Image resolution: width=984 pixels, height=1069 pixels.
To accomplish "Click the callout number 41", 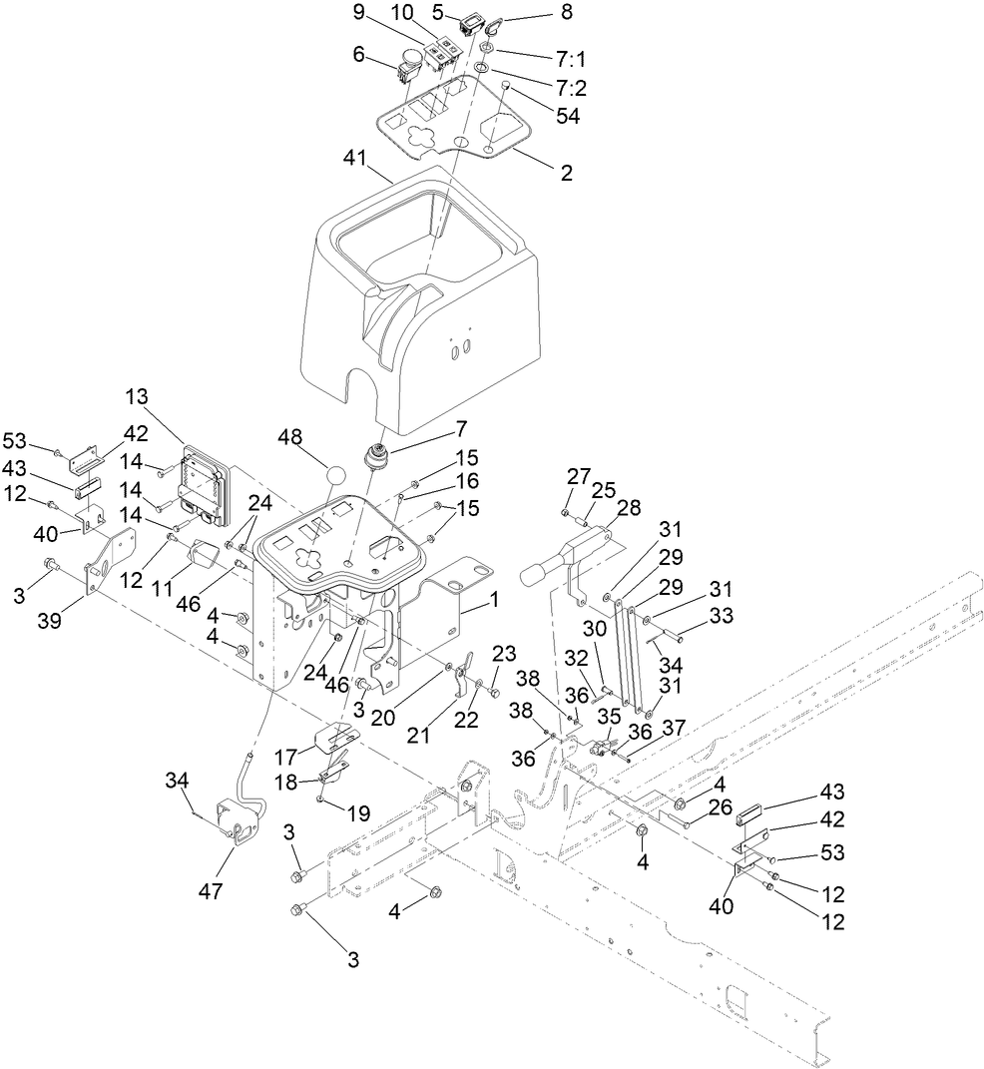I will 356,158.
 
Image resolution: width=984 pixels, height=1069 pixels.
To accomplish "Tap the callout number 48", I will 290,438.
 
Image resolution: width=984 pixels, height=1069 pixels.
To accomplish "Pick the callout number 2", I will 566,173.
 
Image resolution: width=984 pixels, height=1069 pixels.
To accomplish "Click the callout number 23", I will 505,654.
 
